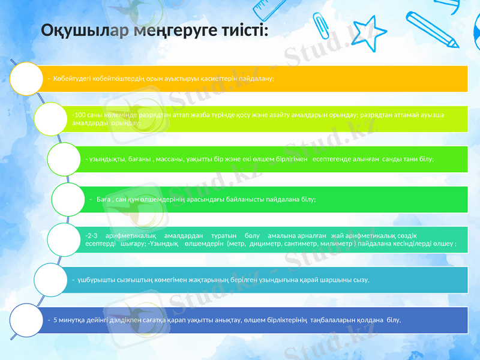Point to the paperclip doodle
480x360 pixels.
pyautogui.click(x=320, y=27)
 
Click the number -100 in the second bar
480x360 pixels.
pyautogui.click(x=77, y=113)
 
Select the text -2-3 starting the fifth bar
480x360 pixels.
pyautogui.click(x=92, y=236)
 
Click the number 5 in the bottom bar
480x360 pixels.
pyautogui.click(x=55, y=320)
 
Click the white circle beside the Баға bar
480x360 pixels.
pyautogui.click(x=72, y=199)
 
